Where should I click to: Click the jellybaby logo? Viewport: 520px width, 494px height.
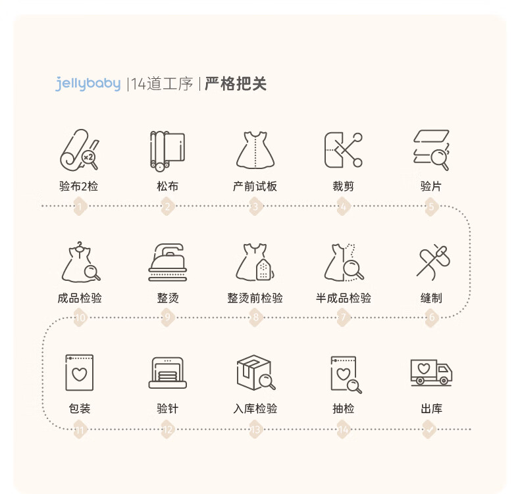88,84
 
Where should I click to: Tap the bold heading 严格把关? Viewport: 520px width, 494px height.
235,84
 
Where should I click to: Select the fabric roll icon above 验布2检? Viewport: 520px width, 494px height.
80,151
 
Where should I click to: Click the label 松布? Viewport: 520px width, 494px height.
167,186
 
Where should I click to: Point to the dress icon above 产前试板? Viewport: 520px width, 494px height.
255,150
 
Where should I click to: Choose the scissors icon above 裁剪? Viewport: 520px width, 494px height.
343,150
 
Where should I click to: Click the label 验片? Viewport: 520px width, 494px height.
431,186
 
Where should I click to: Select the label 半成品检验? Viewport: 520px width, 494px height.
343,298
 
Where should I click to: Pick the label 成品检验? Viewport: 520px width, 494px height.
80,298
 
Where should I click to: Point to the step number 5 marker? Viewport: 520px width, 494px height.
431,207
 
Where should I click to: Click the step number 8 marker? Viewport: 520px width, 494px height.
255,318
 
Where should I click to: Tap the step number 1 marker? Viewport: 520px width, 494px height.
80,207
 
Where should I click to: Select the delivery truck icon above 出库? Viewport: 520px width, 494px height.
431,372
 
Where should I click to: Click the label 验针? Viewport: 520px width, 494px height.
167,408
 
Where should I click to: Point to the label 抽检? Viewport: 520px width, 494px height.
343,408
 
